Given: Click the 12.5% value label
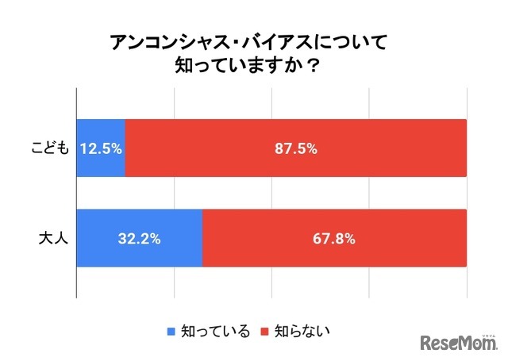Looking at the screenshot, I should [101, 148].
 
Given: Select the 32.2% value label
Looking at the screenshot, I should [140, 238].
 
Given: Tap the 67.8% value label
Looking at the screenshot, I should [334, 238].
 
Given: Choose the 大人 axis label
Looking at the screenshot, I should [55, 238].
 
